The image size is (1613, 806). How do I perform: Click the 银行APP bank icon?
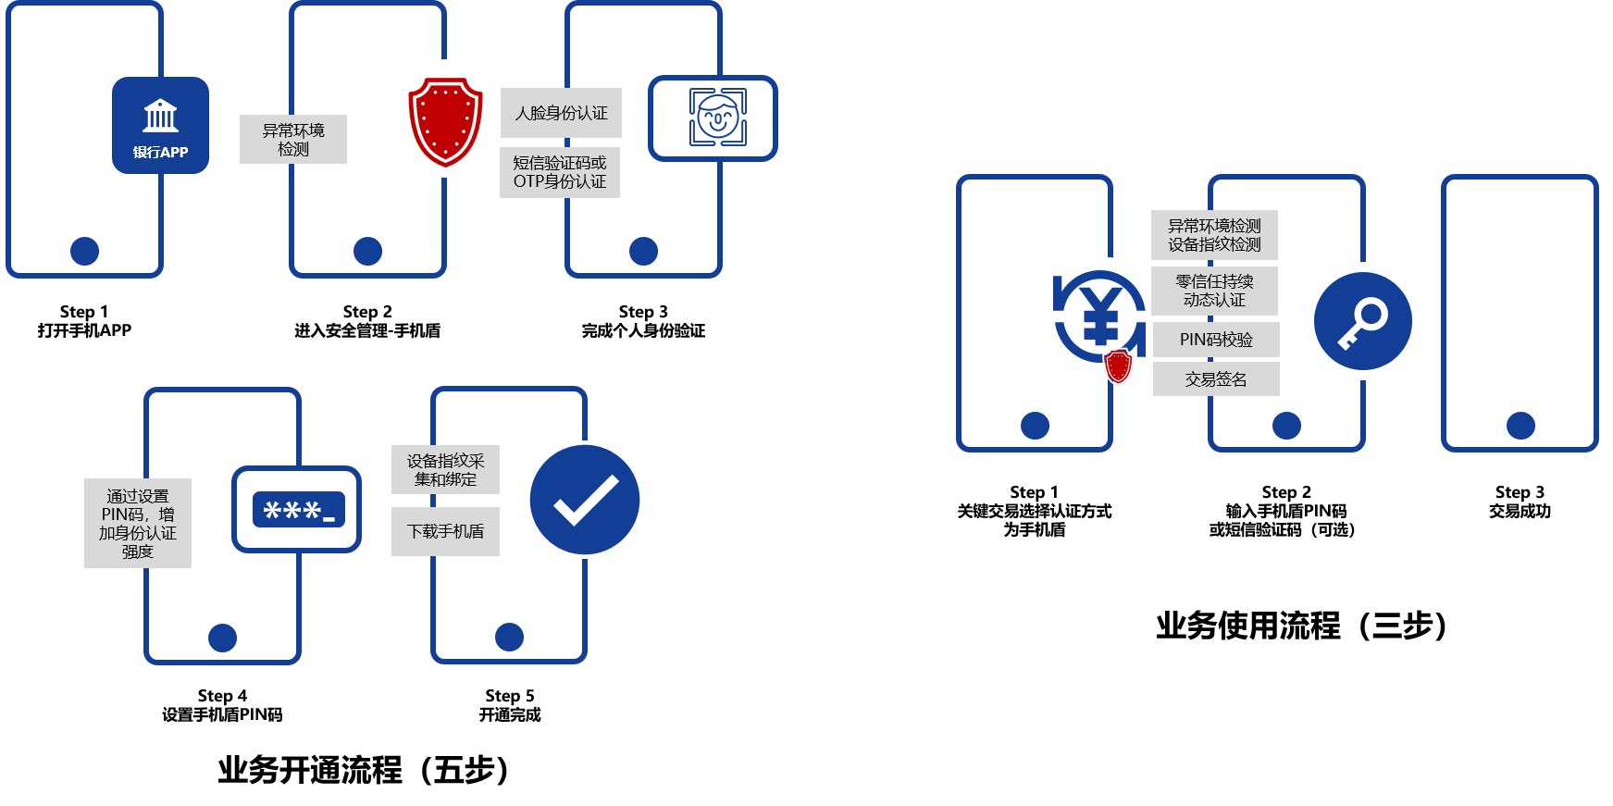160,125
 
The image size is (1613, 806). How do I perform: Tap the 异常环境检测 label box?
293,140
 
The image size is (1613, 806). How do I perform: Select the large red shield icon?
446,119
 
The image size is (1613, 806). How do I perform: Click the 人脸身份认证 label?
561,113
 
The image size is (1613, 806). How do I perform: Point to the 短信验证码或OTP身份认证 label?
560,172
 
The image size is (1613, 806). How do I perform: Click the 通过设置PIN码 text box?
138,523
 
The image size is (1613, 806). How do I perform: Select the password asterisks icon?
297,510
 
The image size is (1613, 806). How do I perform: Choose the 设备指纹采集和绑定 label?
445,470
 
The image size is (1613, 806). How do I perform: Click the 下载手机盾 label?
445,531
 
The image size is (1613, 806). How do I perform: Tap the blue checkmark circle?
585,500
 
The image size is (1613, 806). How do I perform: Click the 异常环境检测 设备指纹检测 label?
1214,235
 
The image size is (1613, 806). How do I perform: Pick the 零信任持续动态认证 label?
1214,291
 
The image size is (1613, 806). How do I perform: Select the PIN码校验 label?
1216,340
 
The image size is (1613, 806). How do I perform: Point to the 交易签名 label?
1216,379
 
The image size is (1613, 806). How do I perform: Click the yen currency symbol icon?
1100,315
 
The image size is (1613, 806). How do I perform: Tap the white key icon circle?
1362,321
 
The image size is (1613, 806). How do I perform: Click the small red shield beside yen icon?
1119,366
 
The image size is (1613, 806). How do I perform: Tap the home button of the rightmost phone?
1520,426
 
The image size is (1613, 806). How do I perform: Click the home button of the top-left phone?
85,251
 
